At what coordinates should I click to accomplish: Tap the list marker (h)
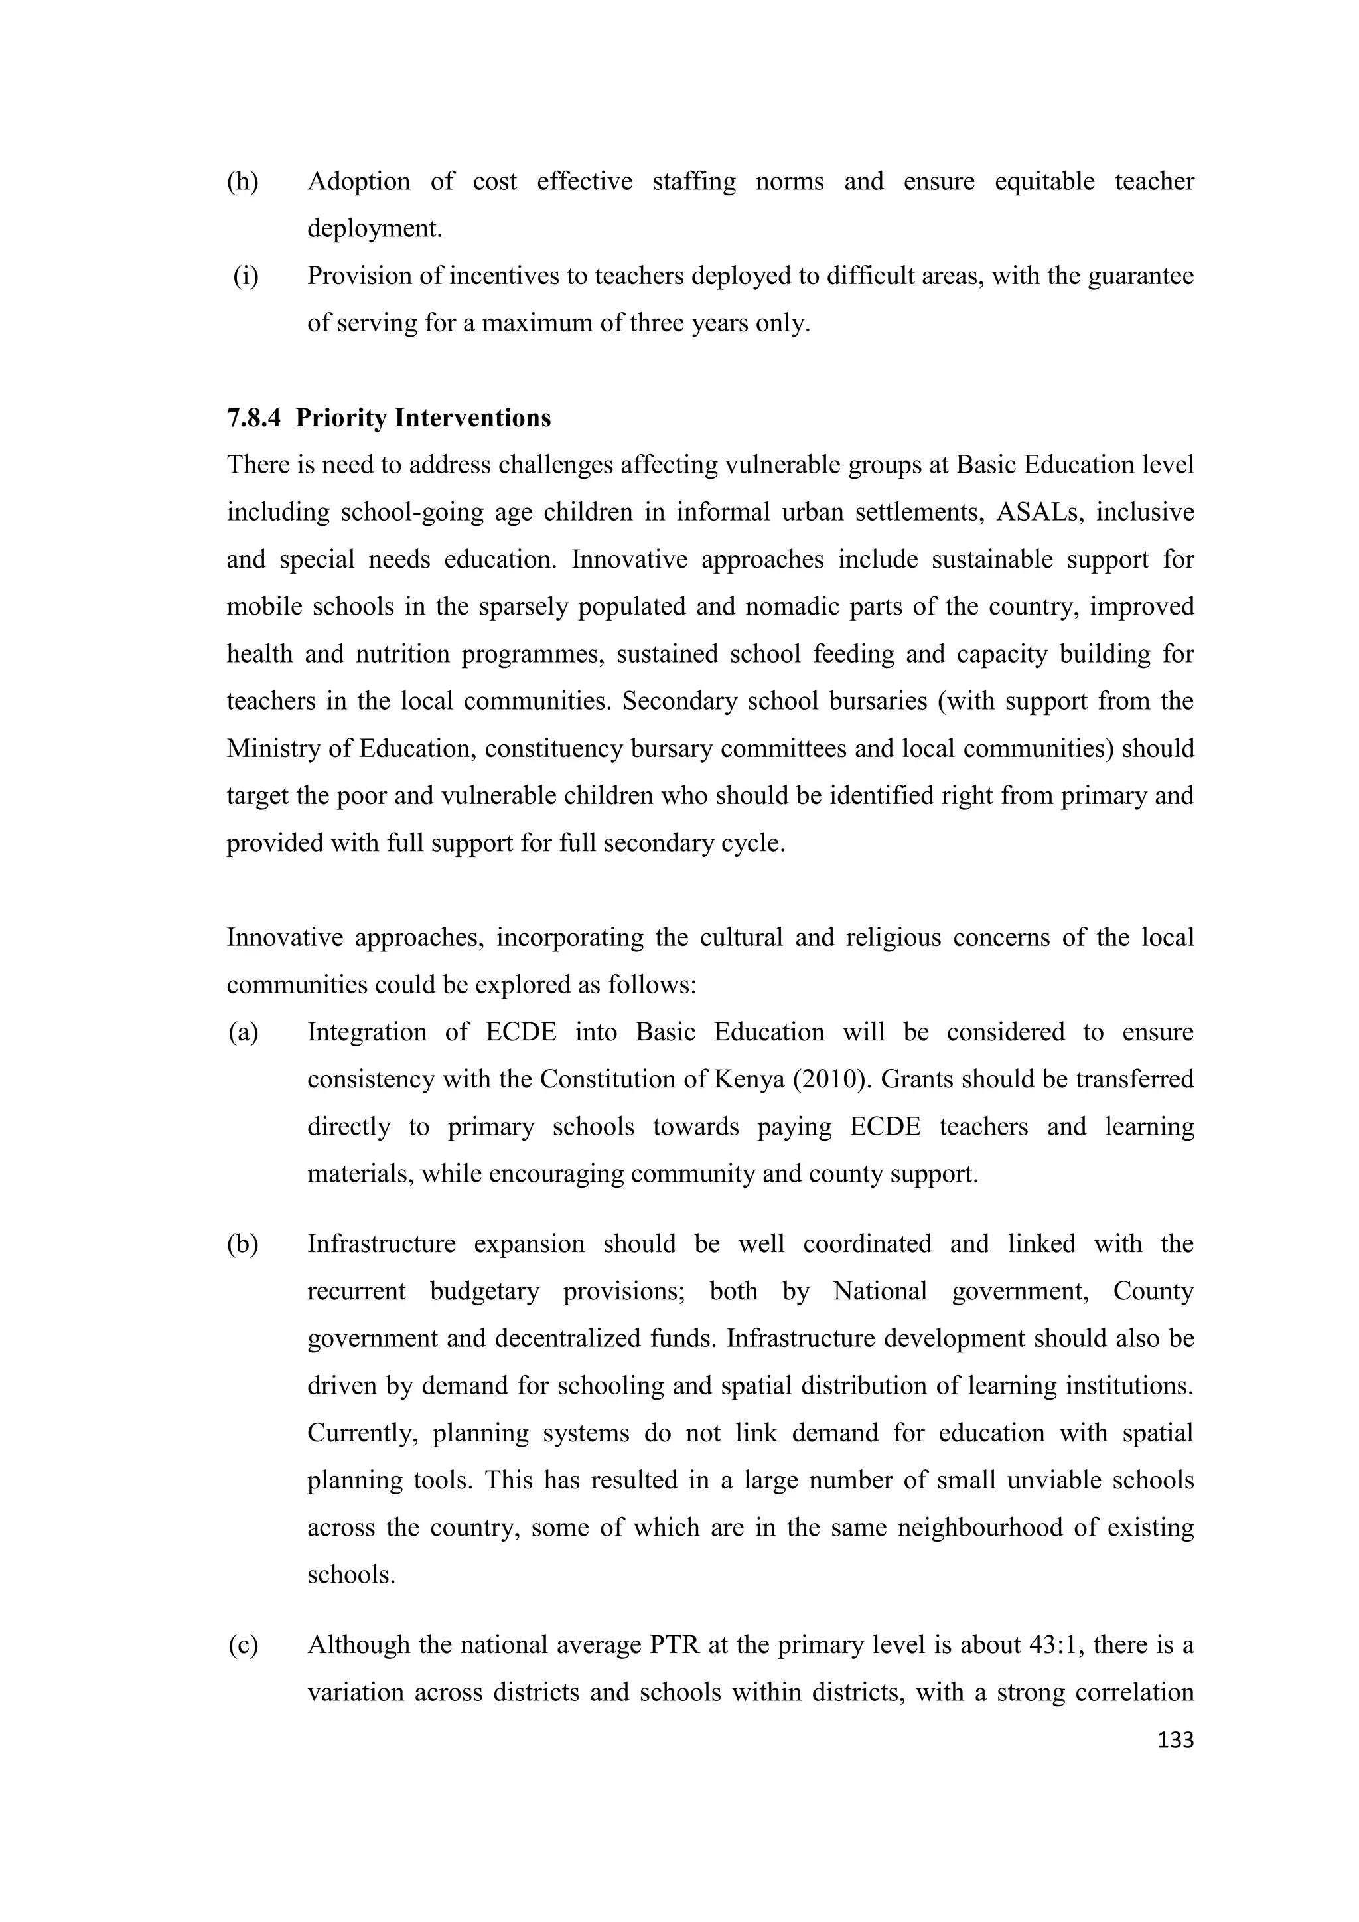click(x=243, y=182)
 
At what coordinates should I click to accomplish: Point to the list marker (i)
click(x=246, y=276)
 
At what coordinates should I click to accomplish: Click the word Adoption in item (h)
click(x=358, y=182)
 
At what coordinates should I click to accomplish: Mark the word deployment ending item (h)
click(x=374, y=228)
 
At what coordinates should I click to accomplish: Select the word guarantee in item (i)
click(x=1140, y=276)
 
